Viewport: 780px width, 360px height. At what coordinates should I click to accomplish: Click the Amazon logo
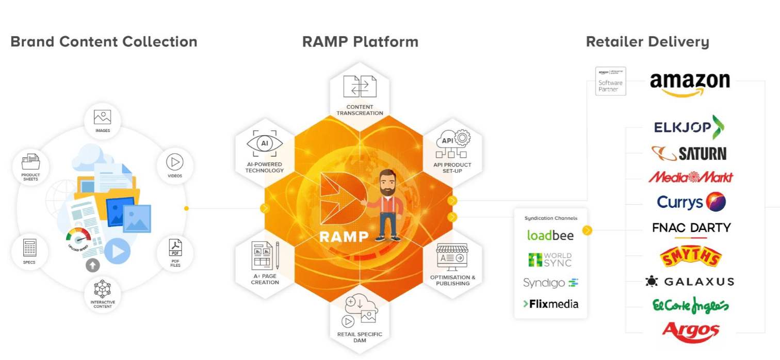click(690, 85)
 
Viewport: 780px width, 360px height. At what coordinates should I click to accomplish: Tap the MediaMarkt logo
click(690, 177)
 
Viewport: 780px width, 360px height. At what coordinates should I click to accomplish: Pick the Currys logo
click(691, 202)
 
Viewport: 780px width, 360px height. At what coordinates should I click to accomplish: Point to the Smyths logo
click(691, 256)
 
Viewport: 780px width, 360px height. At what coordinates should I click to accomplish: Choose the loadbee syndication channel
click(550, 235)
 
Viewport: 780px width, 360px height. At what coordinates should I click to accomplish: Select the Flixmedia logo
click(550, 304)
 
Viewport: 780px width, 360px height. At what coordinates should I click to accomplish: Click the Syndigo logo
click(550, 283)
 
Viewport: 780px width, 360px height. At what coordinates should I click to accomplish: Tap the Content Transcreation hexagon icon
click(360, 87)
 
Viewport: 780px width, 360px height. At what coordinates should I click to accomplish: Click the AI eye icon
click(265, 143)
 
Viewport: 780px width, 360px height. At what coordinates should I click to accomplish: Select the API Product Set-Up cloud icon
click(452, 144)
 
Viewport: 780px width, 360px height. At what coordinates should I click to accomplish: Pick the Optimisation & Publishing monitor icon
click(452, 257)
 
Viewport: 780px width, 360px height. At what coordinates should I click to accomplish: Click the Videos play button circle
click(175, 162)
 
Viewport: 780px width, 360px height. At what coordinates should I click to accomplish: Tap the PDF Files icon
click(175, 248)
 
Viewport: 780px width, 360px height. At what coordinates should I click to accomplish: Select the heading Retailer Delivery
click(647, 42)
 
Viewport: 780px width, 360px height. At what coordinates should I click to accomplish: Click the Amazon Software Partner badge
click(610, 81)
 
